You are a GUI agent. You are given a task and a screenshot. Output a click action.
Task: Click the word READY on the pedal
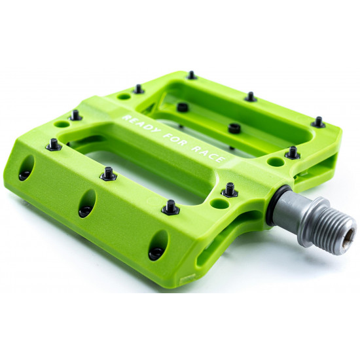(141, 124)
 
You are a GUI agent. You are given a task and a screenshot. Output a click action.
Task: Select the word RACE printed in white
(207, 154)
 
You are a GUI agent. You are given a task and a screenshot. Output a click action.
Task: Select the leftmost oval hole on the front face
(26, 168)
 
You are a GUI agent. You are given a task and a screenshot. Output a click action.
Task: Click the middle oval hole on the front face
(87, 204)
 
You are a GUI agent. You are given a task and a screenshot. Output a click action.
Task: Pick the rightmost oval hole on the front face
(158, 245)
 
